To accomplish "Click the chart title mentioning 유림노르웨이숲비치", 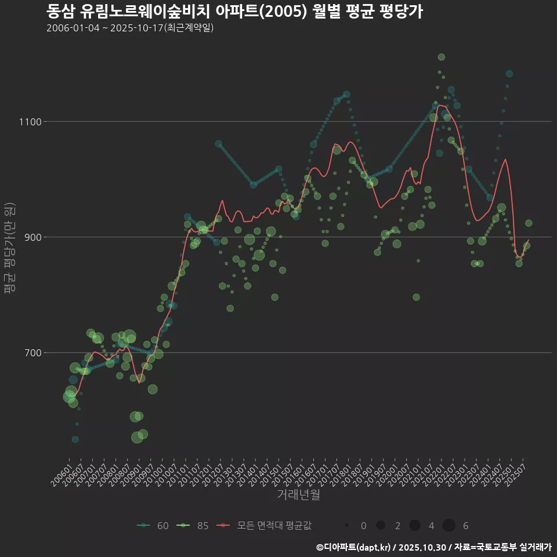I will tap(234, 11).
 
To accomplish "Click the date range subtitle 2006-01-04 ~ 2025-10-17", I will tap(130, 28).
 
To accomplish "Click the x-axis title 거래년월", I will tap(298, 494).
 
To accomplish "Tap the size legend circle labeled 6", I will tap(449, 526).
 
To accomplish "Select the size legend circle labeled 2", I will tap(381, 526).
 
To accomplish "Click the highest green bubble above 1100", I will tap(442, 57).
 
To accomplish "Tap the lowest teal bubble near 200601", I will tap(75, 439).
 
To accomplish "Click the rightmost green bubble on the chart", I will tap(529, 223).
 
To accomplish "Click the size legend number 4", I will tap(431, 526).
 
